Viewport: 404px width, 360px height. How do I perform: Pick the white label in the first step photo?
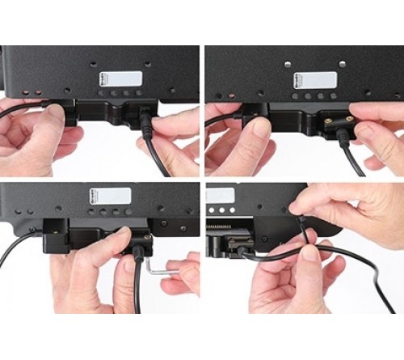point(120,79)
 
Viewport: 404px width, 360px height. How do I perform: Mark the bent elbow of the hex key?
point(151,285)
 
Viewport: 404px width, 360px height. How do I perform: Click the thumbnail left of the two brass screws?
point(260,128)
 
